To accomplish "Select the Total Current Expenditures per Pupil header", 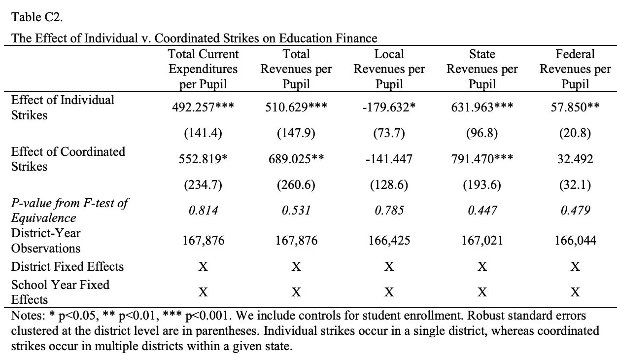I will (203, 69).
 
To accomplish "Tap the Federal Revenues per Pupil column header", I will (575, 69).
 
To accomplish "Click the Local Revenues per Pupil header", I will (389, 69).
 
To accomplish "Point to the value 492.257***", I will (203, 107).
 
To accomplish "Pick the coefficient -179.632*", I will (389, 107).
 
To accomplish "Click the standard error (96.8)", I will (482, 133).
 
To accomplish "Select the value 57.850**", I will (575, 107).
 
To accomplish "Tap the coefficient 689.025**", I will (296, 159).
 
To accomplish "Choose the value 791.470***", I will (482, 159).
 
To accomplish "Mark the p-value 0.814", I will (203, 211).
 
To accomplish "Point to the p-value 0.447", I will (482, 211).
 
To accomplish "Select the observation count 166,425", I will (389, 241).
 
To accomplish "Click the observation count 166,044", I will (575, 241).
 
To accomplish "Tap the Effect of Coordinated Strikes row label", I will (68, 159).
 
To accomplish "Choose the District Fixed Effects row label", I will (68, 267).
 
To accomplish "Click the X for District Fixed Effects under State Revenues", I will (482, 267).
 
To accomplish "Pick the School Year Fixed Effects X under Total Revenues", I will (296, 292).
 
